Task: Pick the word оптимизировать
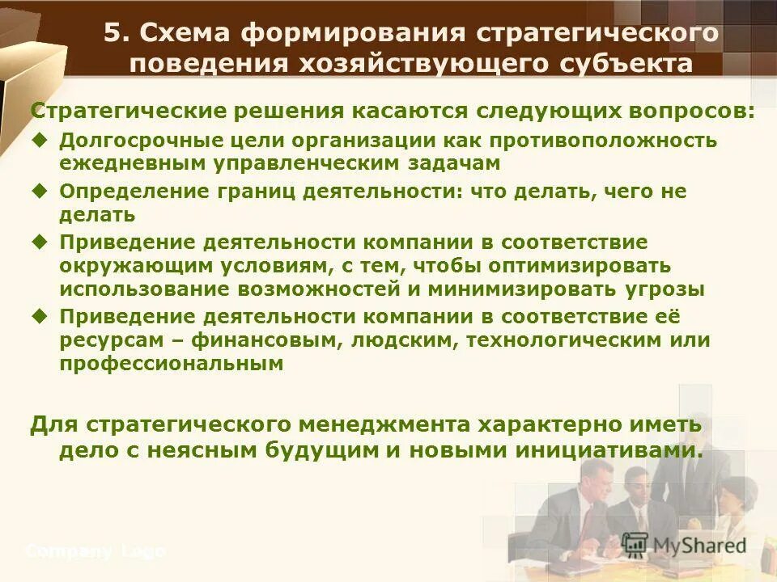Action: coord(581,265)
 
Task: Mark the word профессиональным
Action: coord(171,364)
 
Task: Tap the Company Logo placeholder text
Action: coord(96,552)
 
